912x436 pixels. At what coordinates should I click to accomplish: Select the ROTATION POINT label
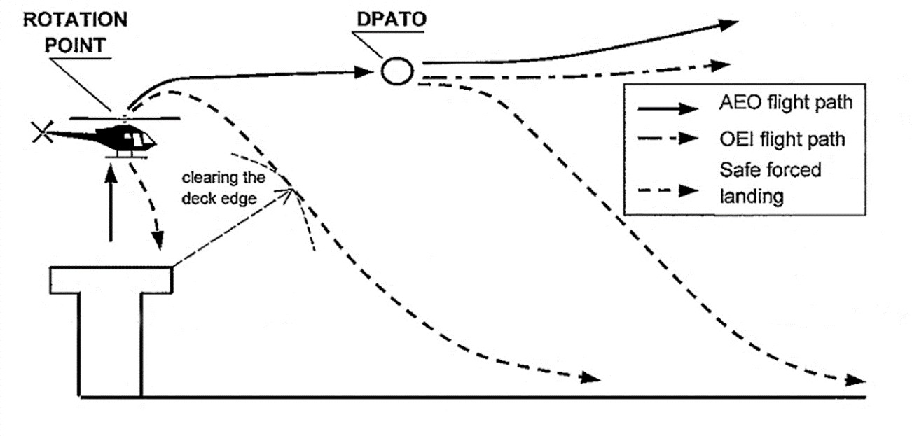[76, 32]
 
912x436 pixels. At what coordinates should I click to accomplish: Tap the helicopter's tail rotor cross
[41, 131]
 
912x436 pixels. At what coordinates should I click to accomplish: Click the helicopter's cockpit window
[144, 139]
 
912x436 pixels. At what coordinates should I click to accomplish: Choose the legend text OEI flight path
[783, 139]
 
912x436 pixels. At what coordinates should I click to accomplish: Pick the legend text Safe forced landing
[771, 183]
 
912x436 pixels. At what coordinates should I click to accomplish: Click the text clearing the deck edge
[223, 187]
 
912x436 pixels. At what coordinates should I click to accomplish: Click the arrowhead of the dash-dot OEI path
[721, 65]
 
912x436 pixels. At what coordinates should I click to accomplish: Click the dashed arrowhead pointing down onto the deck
[160, 241]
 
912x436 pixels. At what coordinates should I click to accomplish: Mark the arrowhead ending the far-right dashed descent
[856, 380]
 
